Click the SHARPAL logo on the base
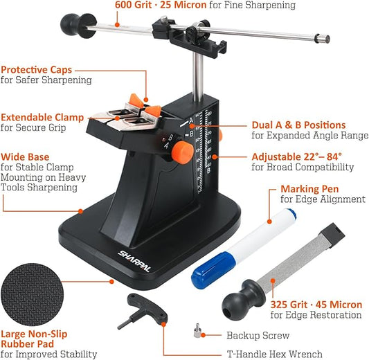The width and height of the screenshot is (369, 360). pyautogui.click(x=134, y=261)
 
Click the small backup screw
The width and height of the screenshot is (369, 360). pyautogui.click(x=197, y=330)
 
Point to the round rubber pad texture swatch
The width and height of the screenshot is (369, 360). pyautogui.click(x=33, y=295)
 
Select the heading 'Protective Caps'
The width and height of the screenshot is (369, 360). pyautogui.click(x=37, y=70)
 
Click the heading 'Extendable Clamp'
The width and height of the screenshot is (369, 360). pyautogui.click(x=42, y=117)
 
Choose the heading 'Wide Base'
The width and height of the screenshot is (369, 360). pyautogui.click(x=25, y=157)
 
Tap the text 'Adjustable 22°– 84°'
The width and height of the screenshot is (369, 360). pyautogui.click(x=296, y=156)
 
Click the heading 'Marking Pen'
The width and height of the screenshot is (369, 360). pyautogui.click(x=309, y=189)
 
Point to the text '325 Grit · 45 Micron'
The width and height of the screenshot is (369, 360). pyautogui.click(x=316, y=305)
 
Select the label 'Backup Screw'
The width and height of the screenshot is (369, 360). pyautogui.click(x=258, y=335)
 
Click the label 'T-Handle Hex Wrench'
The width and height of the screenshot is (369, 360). pyautogui.click(x=274, y=354)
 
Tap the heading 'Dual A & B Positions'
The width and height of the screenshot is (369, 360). pyautogui.click(x=298, y=125)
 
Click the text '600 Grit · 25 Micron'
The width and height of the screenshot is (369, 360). pyautogui.click(x=161, y=5)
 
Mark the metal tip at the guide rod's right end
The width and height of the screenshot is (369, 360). pyautogui.click(x=322, y=39)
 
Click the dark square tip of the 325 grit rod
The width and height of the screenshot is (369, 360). pyautogui.click(x=332, y=235)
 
